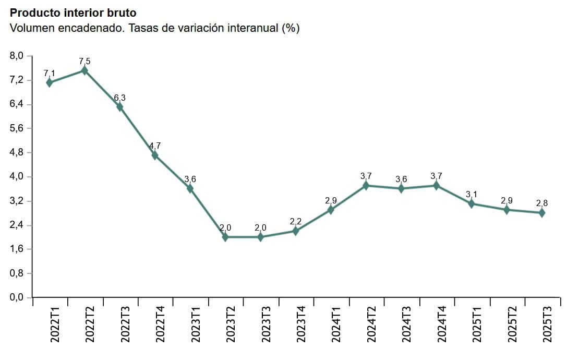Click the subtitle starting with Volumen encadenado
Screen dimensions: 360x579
155,28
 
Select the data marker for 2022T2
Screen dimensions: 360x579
85,70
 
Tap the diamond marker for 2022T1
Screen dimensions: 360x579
50,82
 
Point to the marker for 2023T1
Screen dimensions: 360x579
190,188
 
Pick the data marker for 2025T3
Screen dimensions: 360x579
542,213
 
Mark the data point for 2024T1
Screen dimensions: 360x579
331,210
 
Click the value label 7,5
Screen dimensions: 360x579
85,62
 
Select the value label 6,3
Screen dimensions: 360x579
119,98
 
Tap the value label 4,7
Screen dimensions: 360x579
155,146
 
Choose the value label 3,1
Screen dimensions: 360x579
472,195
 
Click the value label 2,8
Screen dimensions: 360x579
542,203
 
